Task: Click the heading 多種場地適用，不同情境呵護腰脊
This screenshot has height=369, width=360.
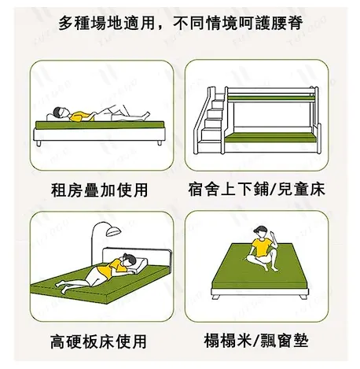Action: coord(180,23)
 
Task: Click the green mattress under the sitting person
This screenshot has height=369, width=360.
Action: coord(259,275)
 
